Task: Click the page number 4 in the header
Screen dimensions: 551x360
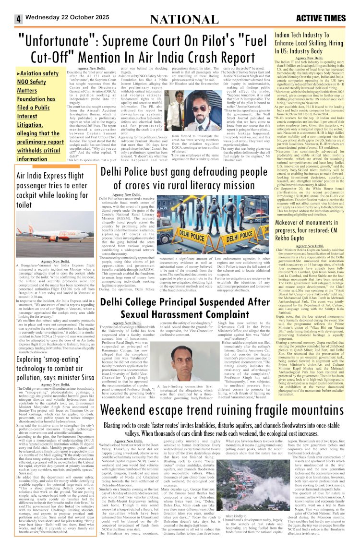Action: pyautogui.click(x=18, y=20)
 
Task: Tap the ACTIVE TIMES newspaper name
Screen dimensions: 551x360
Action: pyautogui.click(x=321, y=19)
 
